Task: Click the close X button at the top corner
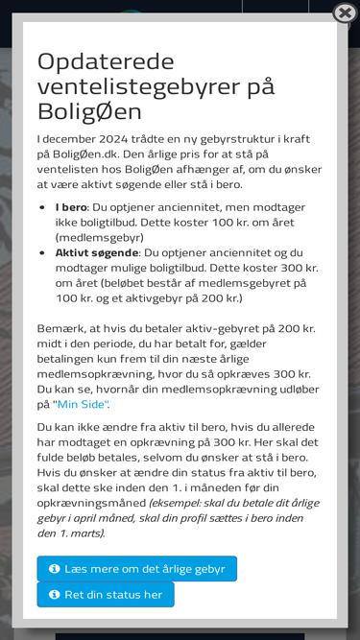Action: (345, 12)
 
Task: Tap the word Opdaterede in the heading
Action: (106, 61)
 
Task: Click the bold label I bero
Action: (71, 206)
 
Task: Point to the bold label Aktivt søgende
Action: (97, 252)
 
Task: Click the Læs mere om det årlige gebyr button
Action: (136, 569)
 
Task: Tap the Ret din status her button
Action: (106, 595)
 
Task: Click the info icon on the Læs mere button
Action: (55, 569)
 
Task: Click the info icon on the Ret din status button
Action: (55, 595)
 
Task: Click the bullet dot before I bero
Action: (42, 207)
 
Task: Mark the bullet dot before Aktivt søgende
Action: (42, 253)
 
